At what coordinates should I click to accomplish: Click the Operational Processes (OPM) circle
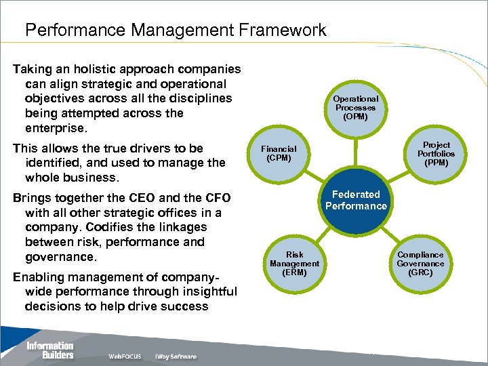click(x=356, y=107)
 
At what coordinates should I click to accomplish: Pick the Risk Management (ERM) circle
click(x=294, y=264)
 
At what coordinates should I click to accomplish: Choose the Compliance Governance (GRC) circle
click(x=420, y=264)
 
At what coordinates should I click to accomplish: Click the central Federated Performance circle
click(x=356, y=201)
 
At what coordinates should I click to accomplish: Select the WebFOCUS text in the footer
click(x=125, y=357)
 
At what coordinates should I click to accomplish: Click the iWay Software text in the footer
click(x=176, y=357)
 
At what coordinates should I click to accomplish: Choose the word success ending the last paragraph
click(x=185, y=306)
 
